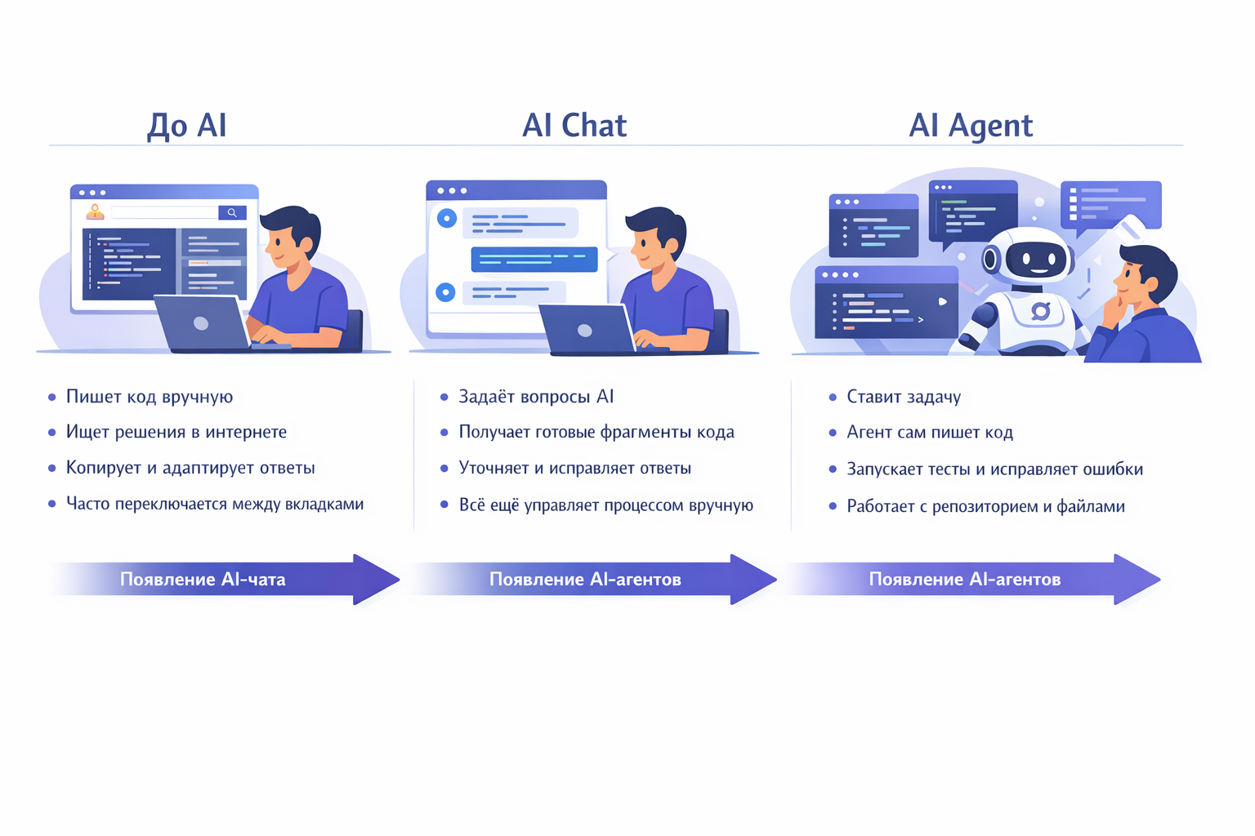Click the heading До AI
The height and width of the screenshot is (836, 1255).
click(186, 125)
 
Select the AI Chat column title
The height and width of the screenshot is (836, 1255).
click(574, 125)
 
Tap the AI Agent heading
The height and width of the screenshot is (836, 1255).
click(971, 125)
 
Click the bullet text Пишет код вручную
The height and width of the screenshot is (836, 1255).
click(150, 397)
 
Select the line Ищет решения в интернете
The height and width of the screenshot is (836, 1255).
click(176, 432)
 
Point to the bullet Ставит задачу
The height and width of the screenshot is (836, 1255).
click(904, 397)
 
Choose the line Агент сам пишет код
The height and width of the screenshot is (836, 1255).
click(930, 433)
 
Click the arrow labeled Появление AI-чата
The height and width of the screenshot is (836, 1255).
click(221, 579)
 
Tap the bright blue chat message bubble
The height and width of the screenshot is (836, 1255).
click(534, 259)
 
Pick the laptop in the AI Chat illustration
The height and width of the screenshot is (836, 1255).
click(585, 329)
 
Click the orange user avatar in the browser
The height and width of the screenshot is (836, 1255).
click(96, 213)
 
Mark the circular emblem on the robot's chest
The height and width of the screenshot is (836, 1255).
click(1040, 311)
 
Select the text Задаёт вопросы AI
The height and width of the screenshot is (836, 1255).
click(536, 397)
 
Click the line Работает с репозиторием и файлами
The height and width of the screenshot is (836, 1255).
click(985, 506)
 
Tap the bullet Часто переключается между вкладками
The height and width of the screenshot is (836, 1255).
click(215, 504)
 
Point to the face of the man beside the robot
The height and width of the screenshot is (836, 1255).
click(1132, 281)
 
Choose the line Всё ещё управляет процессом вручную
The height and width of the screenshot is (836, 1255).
click(605, 505)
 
